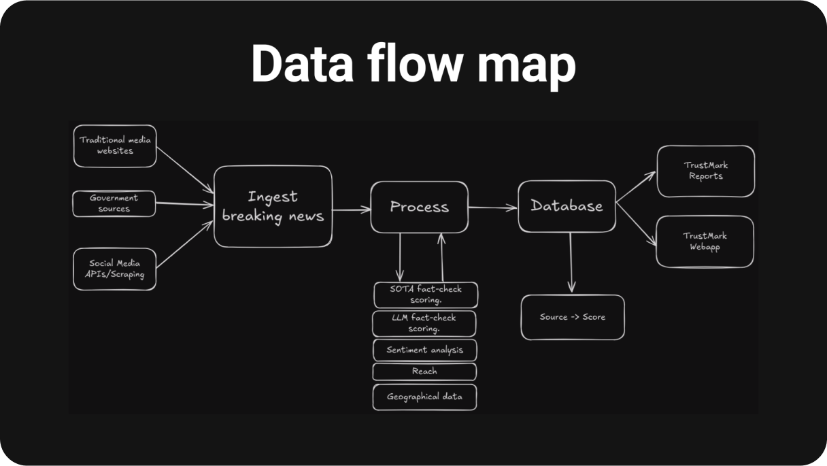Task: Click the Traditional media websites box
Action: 115,146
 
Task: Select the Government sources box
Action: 114,203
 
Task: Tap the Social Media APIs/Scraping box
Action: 115,269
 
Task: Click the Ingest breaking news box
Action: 273,207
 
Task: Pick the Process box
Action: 419,207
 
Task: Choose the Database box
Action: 567,205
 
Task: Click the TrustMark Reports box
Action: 705,171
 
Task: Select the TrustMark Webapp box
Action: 705,242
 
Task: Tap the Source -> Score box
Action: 572,317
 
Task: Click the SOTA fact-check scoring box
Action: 426,295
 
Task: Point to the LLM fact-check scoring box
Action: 424,323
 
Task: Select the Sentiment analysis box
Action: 424,350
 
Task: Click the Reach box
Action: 424,371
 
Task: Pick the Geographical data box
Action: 424,397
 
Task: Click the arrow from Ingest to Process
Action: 351,210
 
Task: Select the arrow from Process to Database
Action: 492,208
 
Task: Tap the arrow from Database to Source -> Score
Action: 571,262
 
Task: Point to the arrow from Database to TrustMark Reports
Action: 635,186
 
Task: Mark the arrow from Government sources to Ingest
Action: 184,203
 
